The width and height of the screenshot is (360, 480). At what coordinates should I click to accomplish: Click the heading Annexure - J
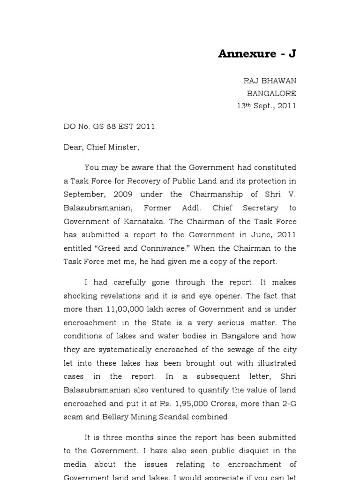tap(257, 54)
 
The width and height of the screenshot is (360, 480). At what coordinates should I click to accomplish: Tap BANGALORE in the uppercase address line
tap(271, 93)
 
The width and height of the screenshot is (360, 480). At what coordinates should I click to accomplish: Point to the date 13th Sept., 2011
tap(266, 106)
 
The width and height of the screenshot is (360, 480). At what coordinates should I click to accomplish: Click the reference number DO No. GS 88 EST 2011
tap(109, 127)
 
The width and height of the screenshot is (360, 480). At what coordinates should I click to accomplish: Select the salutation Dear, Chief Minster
tap(101, 147)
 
